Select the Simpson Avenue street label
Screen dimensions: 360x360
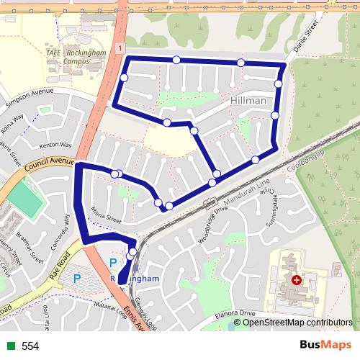[x=30, y=98]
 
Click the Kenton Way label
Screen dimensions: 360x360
[x=56, y=145]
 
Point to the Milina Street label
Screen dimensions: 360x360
[x=108, y=215]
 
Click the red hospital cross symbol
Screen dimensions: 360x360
[x=296, y=279]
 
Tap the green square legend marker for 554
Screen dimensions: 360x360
[x=9, y=346]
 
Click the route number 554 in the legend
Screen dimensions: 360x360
[x=30, y=346]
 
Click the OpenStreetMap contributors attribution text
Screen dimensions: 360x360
[x=296, y=323]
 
